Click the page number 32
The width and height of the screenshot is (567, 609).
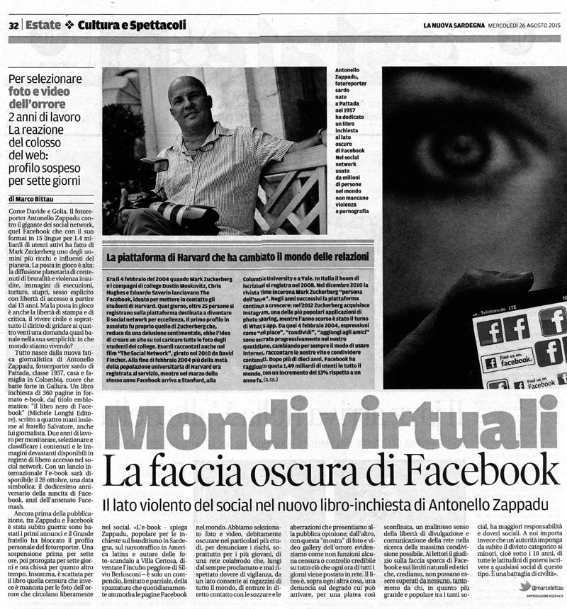13,25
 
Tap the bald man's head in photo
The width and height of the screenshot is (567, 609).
189,100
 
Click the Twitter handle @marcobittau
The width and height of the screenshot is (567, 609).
543,586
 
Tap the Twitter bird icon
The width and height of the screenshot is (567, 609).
524,586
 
